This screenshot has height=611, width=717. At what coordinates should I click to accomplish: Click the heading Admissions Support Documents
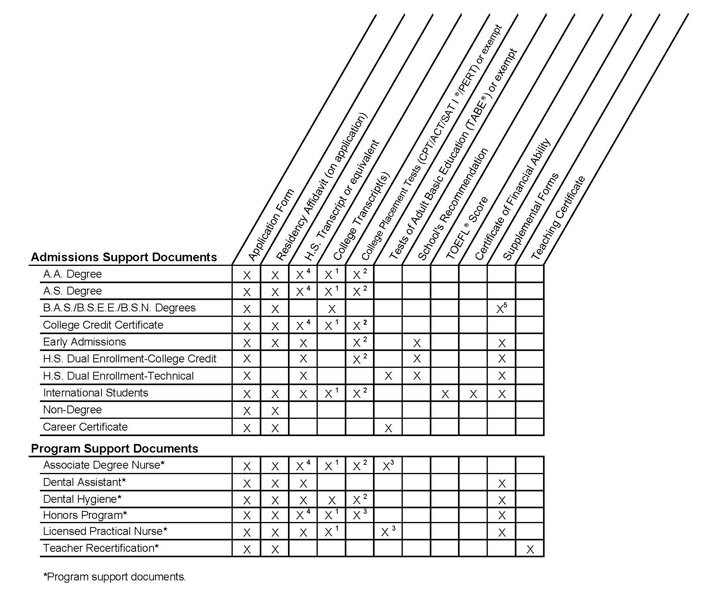tap(124, 257)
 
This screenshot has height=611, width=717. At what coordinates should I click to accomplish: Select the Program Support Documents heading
tap(114, 448)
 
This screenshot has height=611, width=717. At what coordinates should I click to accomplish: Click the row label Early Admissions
tap(85, 342)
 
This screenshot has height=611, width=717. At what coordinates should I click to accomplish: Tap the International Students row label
tap(96, 393)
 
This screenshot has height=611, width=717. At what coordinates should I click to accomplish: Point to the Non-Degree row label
tap(72, 410)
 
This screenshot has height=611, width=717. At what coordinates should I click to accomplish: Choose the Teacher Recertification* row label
tap(101, 548)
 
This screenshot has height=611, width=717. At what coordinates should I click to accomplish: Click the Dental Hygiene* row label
tap(82, 499)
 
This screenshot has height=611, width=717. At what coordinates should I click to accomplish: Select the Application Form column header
tap(271, 225)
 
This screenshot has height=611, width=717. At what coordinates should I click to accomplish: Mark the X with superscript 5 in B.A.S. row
tap(502, 309)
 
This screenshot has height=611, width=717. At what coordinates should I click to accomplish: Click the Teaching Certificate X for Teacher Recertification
tap(530, 549)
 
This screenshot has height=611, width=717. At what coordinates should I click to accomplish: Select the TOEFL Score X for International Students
tap(445, 394)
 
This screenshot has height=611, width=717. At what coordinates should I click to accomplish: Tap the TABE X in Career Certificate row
tap(388, 428)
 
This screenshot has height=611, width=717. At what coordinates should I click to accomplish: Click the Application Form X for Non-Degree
tap(246, 411)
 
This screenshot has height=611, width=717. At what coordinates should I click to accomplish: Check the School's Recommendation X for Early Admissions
tap(417, 344)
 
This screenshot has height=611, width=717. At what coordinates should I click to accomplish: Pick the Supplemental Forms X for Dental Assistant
tap(502, 484)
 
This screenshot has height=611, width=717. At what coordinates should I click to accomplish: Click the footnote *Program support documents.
tap(114, 577)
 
